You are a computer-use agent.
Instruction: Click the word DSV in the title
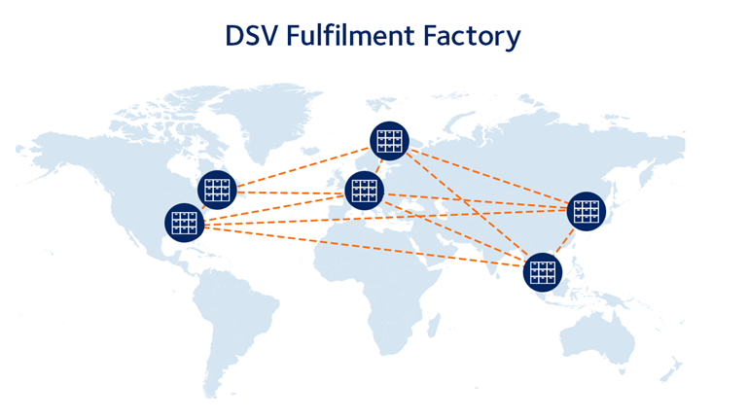253,37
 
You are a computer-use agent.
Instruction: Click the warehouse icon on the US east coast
217,189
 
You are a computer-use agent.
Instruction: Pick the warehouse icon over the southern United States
185,223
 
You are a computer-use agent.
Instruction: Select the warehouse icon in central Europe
364,190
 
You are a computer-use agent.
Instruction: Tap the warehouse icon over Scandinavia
389,142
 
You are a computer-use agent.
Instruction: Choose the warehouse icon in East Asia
586,211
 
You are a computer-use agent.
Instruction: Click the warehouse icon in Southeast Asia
542,271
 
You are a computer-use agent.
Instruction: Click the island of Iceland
309,137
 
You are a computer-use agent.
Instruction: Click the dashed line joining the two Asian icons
564,242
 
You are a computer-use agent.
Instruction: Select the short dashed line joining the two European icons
376,166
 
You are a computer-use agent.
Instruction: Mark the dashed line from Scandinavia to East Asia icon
486,176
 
